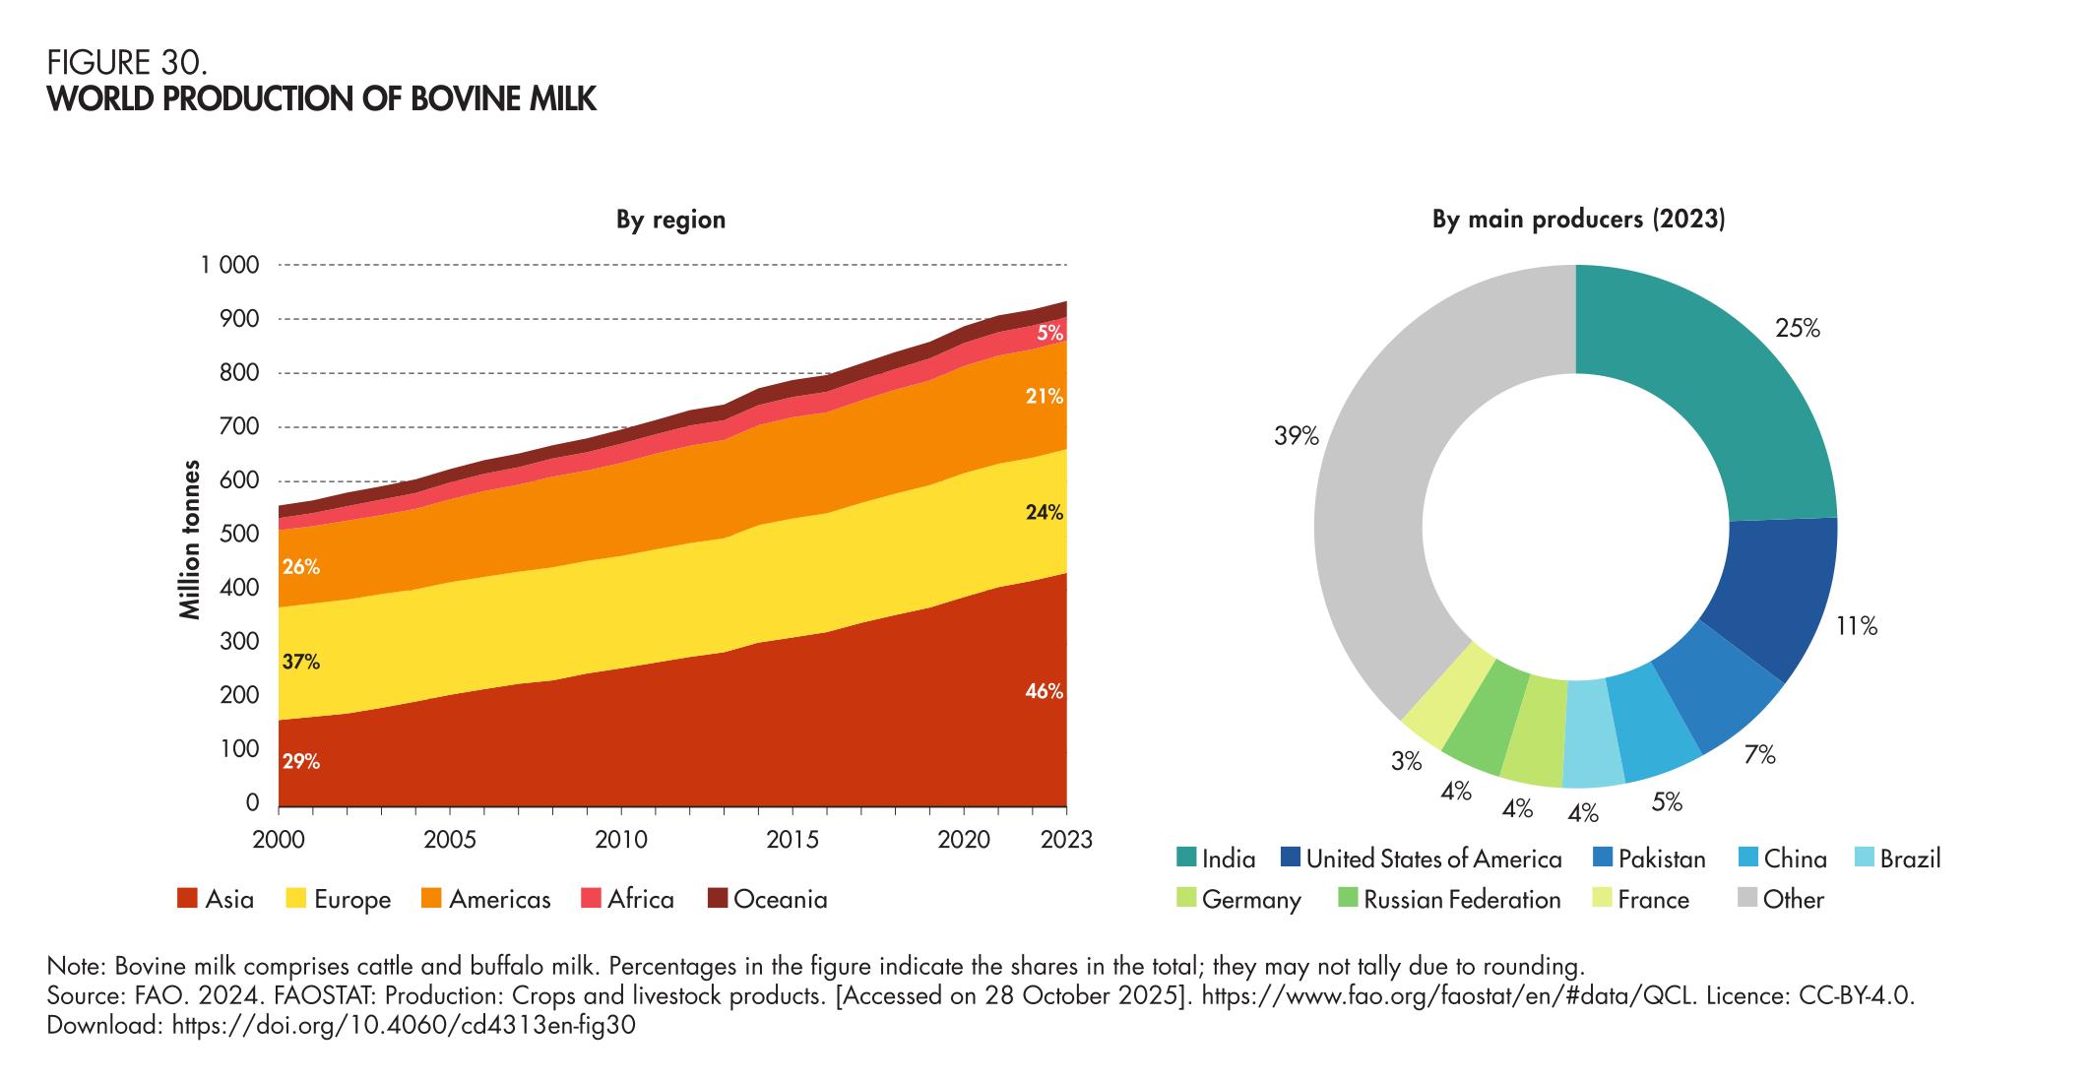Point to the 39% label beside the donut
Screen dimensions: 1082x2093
coord(1296,436)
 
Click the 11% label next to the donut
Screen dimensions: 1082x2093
coord(1856,626)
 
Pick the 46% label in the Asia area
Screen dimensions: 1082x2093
coord(1044,692)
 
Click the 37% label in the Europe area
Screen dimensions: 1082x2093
coord(300,663)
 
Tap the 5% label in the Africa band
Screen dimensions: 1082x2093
coord(1049,334)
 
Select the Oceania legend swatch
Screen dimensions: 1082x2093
coord(718,899)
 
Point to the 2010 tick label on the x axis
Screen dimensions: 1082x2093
coord(621,841)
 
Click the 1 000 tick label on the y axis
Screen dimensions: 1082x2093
coord(231,266)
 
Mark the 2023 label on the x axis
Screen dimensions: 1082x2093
coord(1066,841)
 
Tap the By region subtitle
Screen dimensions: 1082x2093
coord(670,220)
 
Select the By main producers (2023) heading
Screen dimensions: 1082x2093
coord(1578,220)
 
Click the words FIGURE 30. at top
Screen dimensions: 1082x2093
coord(127,64)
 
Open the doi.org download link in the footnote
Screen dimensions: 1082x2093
coord(404,1026)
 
